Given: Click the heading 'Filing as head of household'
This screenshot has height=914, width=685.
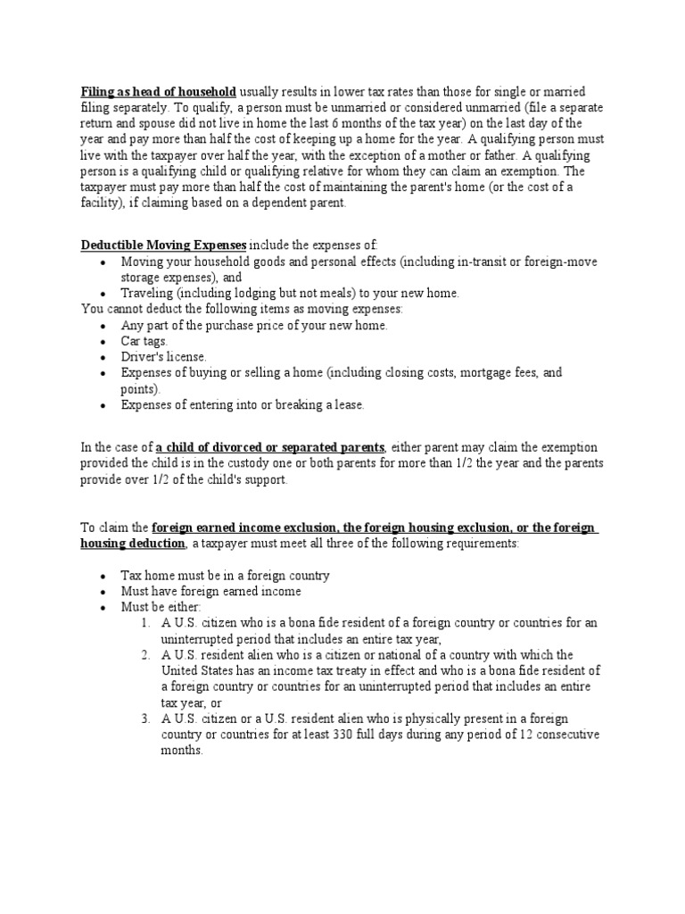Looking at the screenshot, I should pos(159,92).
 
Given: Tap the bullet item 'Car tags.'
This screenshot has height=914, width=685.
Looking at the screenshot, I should pos(144,341).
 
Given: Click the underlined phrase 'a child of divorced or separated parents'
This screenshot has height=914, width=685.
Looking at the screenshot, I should pos(270,446).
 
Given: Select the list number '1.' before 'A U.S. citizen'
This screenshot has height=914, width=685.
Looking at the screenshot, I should pos(146,623).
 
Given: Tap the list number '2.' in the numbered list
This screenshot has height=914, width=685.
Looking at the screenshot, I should pos(146,655).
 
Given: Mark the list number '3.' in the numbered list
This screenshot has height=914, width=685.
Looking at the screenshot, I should pos(146,719).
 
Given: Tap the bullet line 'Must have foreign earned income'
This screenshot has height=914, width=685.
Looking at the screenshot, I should pos(211,591).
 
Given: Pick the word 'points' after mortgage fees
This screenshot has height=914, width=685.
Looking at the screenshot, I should pos(139,389).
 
